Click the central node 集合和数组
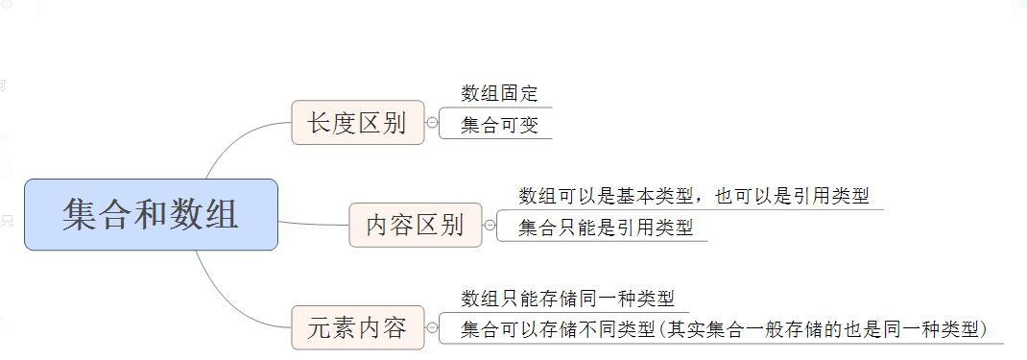click(151, 214)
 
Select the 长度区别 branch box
click(357, 123)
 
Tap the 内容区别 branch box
click(415, 226)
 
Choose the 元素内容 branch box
click(357, 328)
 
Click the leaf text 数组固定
click(499, 94)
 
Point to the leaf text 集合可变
click(499, 125)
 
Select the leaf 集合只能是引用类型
click(605, 228)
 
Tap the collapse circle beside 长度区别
click(432, 123)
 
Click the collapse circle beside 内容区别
click(490, 226)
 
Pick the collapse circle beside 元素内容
click(432, 328)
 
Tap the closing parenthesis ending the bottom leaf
click(985, 329)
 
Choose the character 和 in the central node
click(151, 214)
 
